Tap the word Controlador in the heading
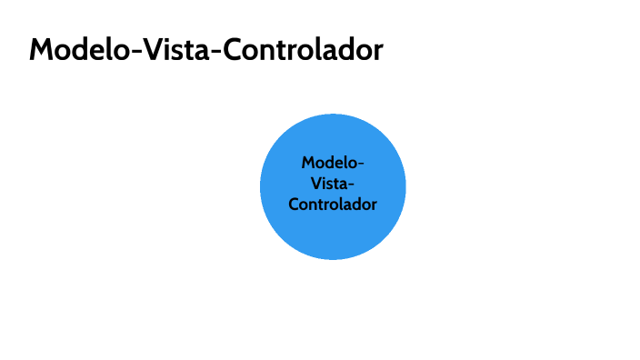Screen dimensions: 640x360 (304, 51)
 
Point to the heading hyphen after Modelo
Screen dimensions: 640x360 (137, 53)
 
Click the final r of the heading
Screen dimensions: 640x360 (378, 53)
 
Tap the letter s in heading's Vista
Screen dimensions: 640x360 (180, 53)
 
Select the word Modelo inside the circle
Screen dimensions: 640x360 (328, 163)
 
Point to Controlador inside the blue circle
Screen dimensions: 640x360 (333, 205)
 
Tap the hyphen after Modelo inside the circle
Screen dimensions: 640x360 (360, 165)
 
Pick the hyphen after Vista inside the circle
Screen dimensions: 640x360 (351, 185)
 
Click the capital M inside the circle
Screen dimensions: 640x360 (308, 163)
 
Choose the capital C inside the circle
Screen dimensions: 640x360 (294, 205)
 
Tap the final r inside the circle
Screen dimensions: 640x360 (374, 206)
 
